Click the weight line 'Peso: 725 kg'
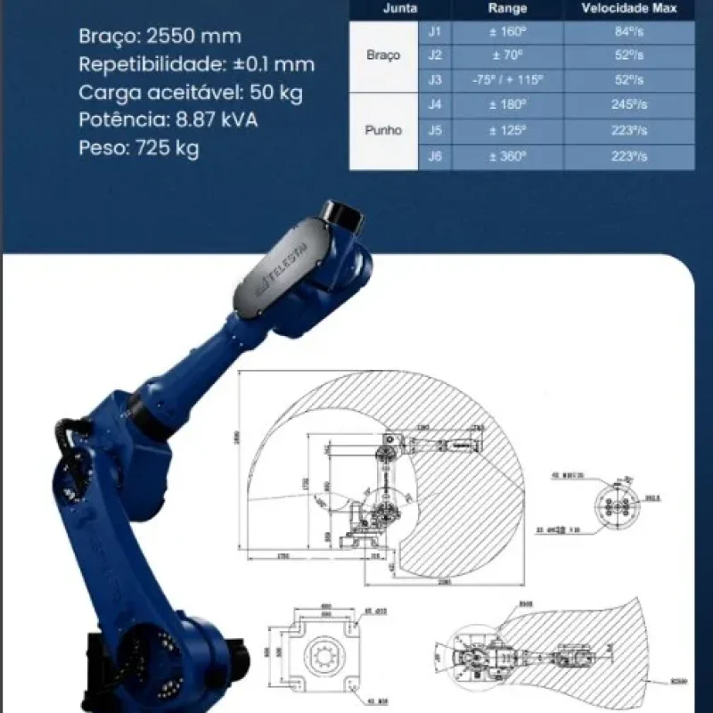tap(138, 147)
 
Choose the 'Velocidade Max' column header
tap(629, 9)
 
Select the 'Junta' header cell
tap(399, 9)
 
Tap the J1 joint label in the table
tap(435, 32)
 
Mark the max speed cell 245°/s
tap(629, 104)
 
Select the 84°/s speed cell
tap(629, 32)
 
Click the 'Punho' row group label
tap(383, 130)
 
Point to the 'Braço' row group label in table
tap(383, 55)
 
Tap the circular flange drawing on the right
tap(616, 505)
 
